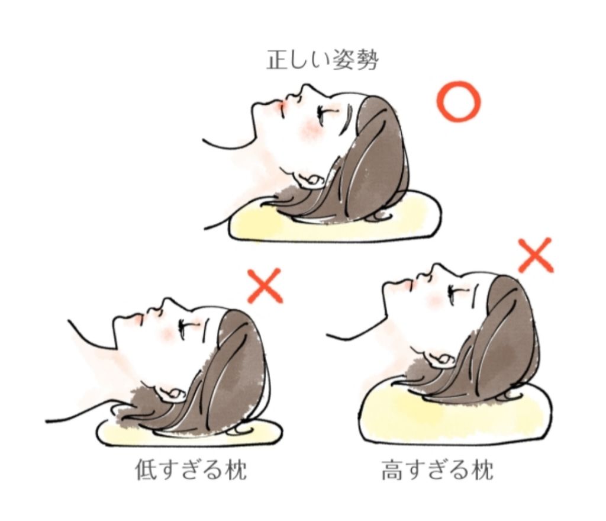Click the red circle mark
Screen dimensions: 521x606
(458, 102)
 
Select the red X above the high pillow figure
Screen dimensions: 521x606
(536, 255)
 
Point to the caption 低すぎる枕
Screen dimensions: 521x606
(189, 471)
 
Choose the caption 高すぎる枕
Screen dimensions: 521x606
(438, 471)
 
